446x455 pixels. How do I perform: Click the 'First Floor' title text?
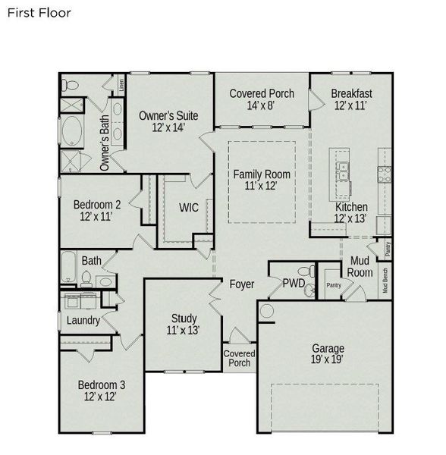(39, 13)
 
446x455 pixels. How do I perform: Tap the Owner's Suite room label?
(168, 121)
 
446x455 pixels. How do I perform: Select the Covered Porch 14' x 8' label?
(261, 99)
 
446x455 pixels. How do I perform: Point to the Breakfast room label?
(351, 99)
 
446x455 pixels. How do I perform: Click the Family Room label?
(261, 180)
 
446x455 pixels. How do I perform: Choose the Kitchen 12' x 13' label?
(351, 212)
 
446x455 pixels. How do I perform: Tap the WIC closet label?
(189, 208)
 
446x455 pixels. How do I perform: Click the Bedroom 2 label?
(97, 210)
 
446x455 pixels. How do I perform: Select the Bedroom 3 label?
(102, 391)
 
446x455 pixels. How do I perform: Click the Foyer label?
(242, 284)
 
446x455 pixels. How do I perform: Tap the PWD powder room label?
(294, 283)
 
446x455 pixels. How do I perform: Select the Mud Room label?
(360, 267)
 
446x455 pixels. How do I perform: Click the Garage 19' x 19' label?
(328, 354)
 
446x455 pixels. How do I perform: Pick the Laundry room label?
(83, 321)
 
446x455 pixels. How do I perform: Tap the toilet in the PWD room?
(306, 271)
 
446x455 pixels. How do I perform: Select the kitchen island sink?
(343, 171)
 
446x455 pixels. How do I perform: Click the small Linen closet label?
(122, 83)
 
